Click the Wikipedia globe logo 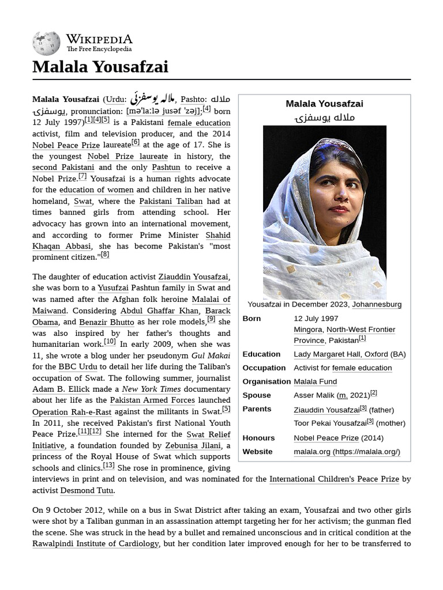click(46, 43)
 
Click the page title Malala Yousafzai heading click(100, 67)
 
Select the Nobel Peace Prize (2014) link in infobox click(326, 438)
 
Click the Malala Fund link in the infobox click(315, 381)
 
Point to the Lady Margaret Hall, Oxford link click(340, 354)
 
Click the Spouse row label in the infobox click(257, 395)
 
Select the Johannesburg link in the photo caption click(377, 304)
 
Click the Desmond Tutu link click(87, 490)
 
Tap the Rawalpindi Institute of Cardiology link click(95, 543)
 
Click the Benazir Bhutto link click(106, 322)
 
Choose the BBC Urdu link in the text click(78, 366)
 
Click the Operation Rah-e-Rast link click(72, 412)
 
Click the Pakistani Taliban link click(171, 201)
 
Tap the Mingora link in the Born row click(307, 330)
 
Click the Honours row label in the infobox click(258, 438)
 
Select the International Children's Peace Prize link click(334, 479)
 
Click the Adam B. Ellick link click(61, 389)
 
